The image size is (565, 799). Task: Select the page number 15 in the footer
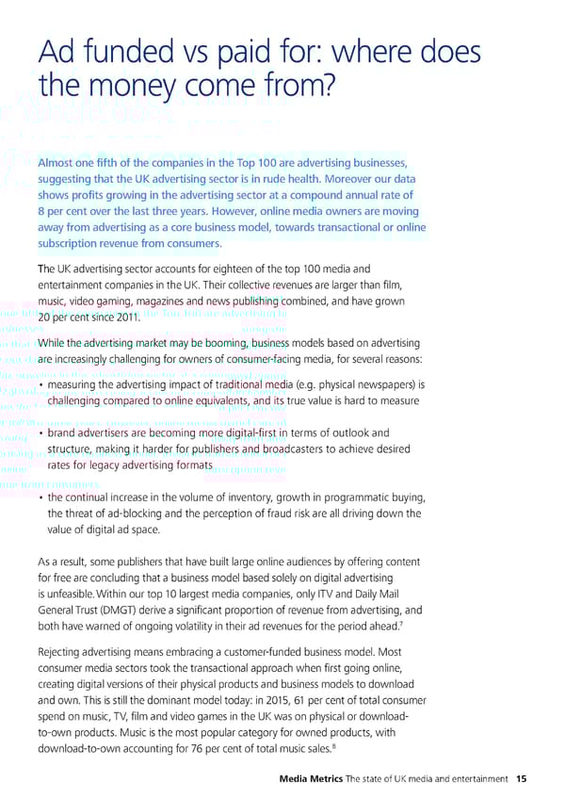(522, 778)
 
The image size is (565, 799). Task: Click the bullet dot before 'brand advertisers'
(41, 433)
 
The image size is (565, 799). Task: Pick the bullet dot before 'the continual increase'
(41, 497)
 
